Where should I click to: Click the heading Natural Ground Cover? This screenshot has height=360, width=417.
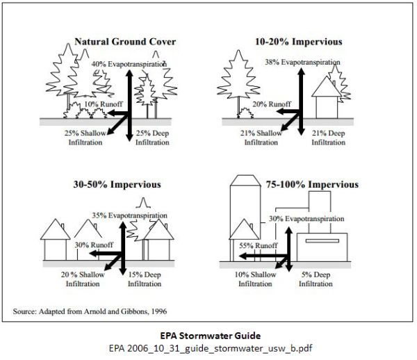[x=125, y=42]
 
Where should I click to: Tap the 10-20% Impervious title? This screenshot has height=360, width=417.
[x=298, y=42]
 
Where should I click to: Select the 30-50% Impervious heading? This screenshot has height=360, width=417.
[x=117, y=184]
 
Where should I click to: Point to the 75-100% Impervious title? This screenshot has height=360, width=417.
[x=312, y=184]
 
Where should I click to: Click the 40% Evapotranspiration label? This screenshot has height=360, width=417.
[x=129, y=64]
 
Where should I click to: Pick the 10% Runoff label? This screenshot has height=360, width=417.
[x=103, y=104]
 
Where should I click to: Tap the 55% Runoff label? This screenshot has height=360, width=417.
[x=259, y=245]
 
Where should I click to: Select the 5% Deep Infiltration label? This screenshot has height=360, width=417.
[x=316, y=279]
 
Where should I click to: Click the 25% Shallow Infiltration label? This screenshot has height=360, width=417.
[x=85, y=138]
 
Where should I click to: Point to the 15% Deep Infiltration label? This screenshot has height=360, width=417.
[x=145, y=279]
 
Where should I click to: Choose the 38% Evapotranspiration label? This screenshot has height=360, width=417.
[x=302, y=63]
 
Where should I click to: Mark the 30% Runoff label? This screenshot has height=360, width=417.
[x=94, y=245]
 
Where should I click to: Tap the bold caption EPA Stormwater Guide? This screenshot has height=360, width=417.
[x=210, y=336]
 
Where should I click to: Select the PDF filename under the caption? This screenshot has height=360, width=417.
[x=211, y=348]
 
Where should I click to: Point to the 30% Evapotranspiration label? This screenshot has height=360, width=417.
[x=306, y=219]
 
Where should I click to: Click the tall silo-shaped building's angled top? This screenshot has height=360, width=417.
[x=245, y=180]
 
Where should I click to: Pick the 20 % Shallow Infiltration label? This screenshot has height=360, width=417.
[x=83, y=279]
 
